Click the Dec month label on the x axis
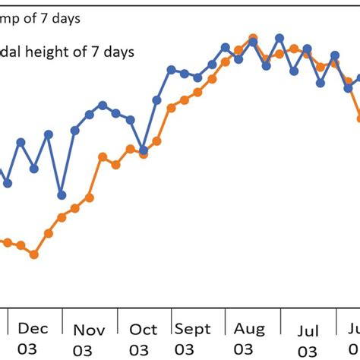(x=33, y=328)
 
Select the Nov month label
(x=89, y=330)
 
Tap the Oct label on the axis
(x=144, y=330)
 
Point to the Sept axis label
(x=193, y=330)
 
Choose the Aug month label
(x=249, y=329)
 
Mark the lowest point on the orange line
(x=34, y=254)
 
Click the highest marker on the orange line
(x=254, y=37)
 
